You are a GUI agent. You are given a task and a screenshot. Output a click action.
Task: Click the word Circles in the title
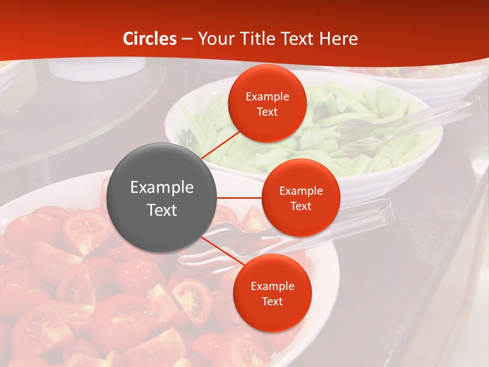tap(150, 39)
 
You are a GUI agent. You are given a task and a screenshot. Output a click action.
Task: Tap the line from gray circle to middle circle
tap(239, 198)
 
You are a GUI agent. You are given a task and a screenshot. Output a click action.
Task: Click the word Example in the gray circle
tap(162, 188)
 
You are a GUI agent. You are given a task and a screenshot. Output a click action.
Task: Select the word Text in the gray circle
tap(162, 210)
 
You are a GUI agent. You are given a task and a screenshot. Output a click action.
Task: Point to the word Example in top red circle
tap(267, 96)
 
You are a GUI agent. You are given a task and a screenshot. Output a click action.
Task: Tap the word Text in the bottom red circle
tap(272, 301)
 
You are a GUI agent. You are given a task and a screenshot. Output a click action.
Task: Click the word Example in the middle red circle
tap(301, 191)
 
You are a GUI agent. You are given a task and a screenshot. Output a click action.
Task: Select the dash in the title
tap(187, 39)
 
